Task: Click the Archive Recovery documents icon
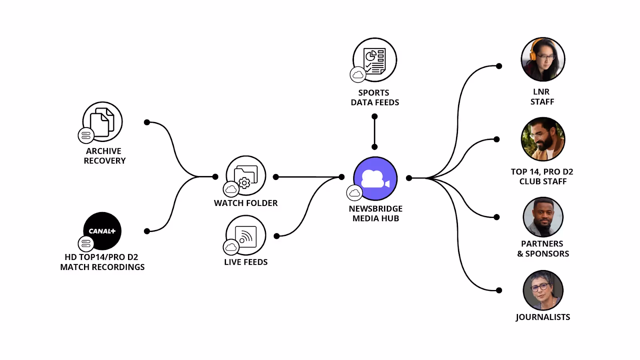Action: click(x=102, y=122)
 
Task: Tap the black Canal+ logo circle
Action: click(x=102, y=231)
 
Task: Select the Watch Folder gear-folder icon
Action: click(x=246, y=176)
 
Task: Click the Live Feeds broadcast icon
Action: click(x=246, y=235)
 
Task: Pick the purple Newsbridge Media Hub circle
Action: click(x=375, y=178)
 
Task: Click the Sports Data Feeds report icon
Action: click(x=375, y=60)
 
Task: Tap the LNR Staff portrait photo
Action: click(x=543, y=60)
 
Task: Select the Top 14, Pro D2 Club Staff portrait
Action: click(x=543, y=139)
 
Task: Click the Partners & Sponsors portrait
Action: click(x=543, y=217)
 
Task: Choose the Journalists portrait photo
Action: click(x=543, y=290)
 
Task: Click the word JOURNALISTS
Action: click(x=543, y=317)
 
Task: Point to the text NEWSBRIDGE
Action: click(x=376, y=209)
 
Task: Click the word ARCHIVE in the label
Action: click(x=104, y=151)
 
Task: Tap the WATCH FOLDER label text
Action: click(x=246, y=203)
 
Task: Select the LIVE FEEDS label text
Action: click(x=246, y=262)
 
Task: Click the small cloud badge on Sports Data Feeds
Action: click(x=358, y=75)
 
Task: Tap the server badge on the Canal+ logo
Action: click(x=86, y=244)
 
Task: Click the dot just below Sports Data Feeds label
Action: click(x=374, y=117)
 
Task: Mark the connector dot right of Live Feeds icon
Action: click(x=276, y=236)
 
